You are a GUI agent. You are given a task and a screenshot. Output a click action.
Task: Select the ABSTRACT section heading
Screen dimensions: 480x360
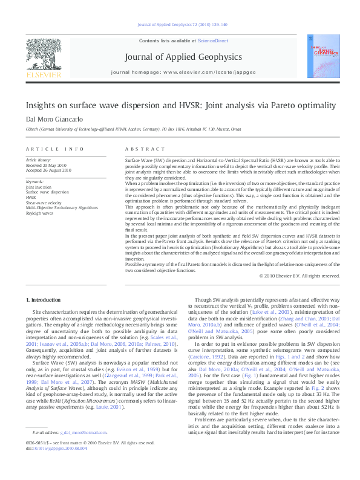click(x=140, y=148)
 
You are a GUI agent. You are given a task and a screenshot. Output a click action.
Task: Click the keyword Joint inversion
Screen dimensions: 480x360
click(x=39, y=187)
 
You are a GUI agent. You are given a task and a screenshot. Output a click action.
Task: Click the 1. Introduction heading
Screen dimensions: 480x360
click(x=45, y=300)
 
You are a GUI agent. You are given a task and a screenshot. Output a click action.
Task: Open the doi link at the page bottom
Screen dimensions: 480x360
click(x=59, y=465)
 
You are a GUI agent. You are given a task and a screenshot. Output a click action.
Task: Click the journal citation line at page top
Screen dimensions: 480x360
click(x=180, y=25)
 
